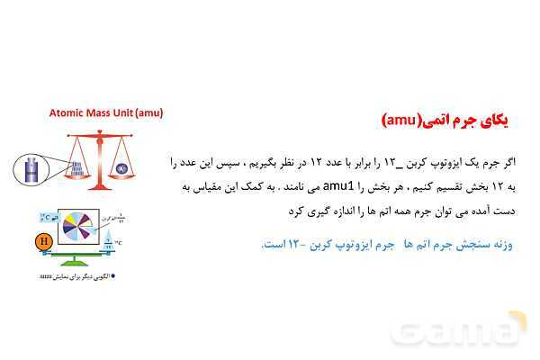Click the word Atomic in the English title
[69, 113]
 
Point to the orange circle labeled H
[42, 241]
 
